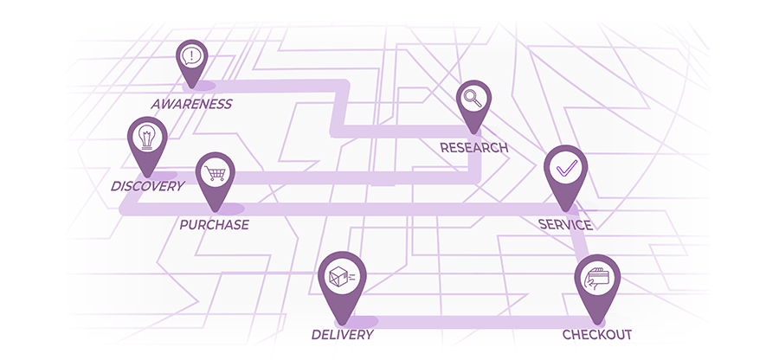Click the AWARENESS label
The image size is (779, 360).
pos(191,104)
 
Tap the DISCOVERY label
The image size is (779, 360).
pos(147,186)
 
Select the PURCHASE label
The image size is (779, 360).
pos(214,225)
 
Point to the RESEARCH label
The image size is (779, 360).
pos(474,147)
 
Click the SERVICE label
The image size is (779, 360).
pos(566,225)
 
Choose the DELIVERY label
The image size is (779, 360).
pos(342,335)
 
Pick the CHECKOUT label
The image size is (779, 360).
pos(597,335)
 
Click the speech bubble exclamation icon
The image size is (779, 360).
pos(191,55)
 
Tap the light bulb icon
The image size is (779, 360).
pos(146,137)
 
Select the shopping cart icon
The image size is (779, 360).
pos(216,173)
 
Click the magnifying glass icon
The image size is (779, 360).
pos(472,98)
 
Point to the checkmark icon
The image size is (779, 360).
pos(566,168)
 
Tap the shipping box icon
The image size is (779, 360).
pos(342,275)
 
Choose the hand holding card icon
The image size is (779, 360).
pos(596,278)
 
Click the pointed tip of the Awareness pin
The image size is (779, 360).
pos(192,88)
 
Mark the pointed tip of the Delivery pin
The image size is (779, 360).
pos(343,325)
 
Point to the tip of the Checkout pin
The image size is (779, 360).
pos(597,325)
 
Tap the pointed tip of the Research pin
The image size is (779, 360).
pos(474,133)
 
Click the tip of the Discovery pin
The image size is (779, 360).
pos(147,177)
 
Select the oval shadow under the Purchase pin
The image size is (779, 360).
pos(226,209)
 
